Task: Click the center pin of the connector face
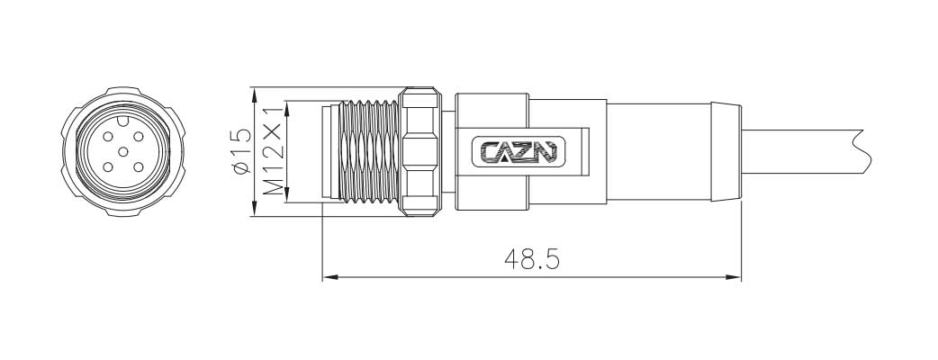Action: (121, 152)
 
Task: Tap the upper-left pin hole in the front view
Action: (108, 138)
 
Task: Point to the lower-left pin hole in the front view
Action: (106, 166)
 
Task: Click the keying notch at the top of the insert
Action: (122, 119)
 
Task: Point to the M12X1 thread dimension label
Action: (272, 152)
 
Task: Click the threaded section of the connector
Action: (369, 152)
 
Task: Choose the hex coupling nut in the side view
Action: (422, 152)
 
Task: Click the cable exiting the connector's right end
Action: (801, 152)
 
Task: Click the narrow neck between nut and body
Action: (449, 152)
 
